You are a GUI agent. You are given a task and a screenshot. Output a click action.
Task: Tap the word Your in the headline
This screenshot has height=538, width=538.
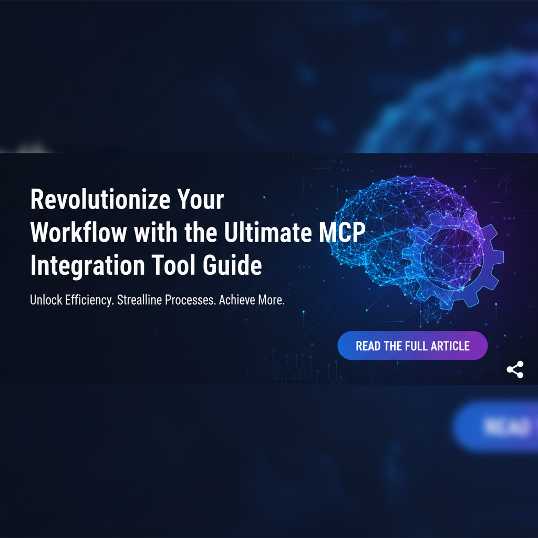201,201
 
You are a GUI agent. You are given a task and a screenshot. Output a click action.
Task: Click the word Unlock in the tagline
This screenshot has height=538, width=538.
45,301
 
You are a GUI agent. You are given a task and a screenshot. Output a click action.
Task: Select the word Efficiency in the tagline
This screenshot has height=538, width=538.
89,301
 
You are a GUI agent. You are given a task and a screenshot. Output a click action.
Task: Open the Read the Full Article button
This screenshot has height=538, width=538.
412,346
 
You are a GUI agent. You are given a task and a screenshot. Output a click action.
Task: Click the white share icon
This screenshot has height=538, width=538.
515,370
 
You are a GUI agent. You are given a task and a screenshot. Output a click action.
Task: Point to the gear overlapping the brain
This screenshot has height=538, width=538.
457,257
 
